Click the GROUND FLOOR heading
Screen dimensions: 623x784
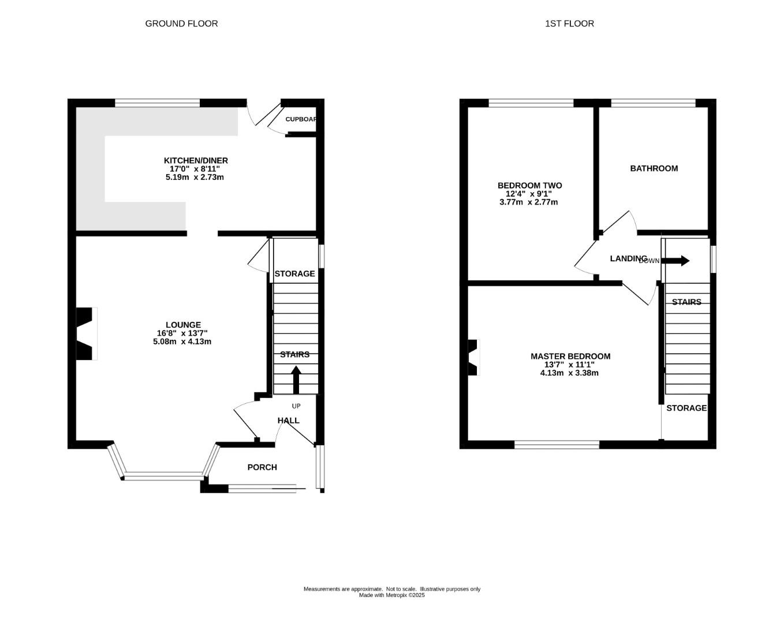click(181, 24)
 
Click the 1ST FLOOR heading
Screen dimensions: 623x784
click(569, 24)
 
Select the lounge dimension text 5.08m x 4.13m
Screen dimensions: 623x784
click(182, 341)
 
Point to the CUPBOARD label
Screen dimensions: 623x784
click(301, 119)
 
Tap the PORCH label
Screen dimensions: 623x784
click(262, 467)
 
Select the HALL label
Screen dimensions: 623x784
click(288, 421)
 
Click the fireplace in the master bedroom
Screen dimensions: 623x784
click(473, 358)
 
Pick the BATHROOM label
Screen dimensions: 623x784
click(654, 168)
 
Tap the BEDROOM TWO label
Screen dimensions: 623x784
click(529, 186)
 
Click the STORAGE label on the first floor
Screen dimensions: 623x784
click(686, 408)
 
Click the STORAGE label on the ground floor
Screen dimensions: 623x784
click(294, 273)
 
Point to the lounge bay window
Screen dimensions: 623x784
click(165, 476)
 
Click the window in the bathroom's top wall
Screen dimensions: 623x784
click(653, 103)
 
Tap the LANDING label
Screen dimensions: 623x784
click(628, 258)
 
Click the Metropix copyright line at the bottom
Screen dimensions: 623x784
click(391, 595)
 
